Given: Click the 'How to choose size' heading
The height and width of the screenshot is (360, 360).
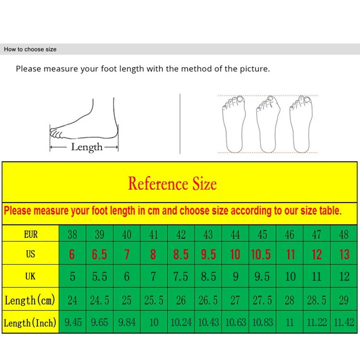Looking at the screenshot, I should click(x=30, y=49).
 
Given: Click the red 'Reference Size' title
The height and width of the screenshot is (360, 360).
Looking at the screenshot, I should click(x=172, y=184).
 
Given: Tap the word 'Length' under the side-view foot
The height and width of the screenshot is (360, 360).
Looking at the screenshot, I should click(x=87, y=147).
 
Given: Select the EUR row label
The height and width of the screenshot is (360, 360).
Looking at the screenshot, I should click(x=31, y=234).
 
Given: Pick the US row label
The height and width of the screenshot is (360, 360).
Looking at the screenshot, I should click(x=30, y=254).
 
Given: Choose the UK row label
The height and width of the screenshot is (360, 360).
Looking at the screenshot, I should click(x=30, y=276).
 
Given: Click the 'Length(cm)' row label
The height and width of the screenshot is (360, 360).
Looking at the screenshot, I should click(x=30, y=300).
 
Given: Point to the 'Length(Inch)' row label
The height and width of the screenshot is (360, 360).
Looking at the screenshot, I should click(x=30, y=322).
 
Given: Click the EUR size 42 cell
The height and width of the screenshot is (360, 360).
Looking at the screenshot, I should click(x=181, y=234).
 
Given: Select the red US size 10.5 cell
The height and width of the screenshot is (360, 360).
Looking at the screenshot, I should click(x=261, y=254).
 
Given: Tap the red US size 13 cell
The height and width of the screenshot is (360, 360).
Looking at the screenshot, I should click(x=344, y=254).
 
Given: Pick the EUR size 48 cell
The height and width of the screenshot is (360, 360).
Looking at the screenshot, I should click(x=344, y=234).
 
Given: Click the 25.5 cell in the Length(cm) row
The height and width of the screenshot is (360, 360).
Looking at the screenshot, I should click(x=153, y=300).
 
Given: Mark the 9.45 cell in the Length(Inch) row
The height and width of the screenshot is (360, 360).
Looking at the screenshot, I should click(x=72, y=322).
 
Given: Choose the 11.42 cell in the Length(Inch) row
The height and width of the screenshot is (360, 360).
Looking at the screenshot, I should click(x=344, y=322).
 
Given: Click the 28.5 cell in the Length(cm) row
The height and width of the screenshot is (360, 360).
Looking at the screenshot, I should click(x=317, y=300).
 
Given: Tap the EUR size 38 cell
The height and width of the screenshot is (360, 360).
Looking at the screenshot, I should click(x=72, y=234).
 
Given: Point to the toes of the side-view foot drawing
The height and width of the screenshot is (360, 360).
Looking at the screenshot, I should click(x=56, y=133).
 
